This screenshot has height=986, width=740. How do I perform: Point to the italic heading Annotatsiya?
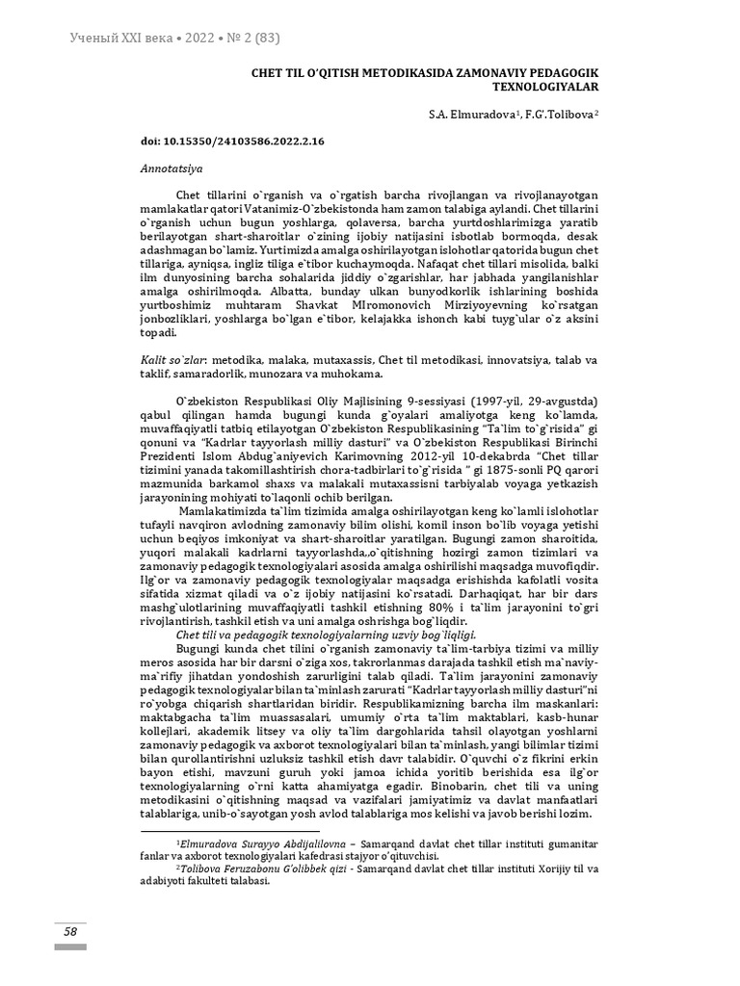[x=165, y=167]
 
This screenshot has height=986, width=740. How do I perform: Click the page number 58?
[x=70, y=931]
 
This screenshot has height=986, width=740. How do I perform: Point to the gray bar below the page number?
[x=70, y=947]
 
